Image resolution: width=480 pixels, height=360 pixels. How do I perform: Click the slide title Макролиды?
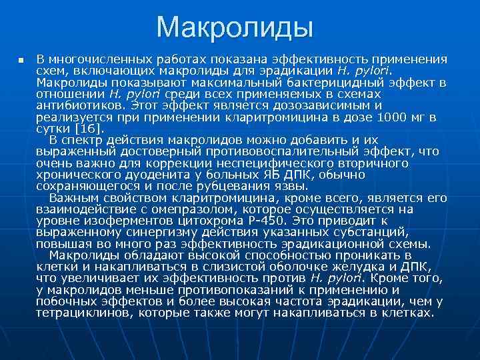tap(235, 28)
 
